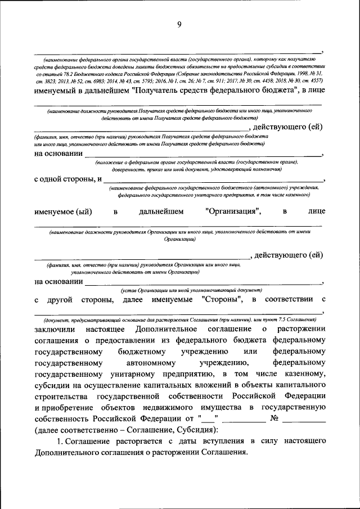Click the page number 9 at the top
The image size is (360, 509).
[x=179, y=24]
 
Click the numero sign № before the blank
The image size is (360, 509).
[x=275, y=418]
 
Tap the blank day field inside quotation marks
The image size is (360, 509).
[x=208, y=419]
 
